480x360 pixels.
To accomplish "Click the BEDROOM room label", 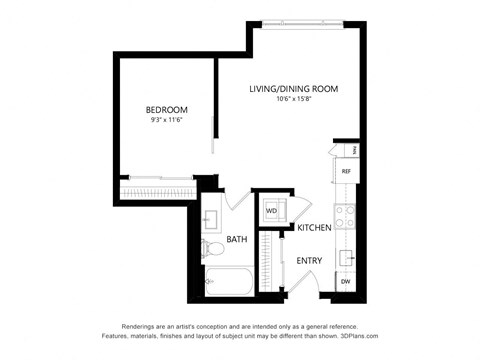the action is click(x=167, y=110).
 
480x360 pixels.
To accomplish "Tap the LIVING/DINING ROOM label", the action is click(x=294, y=89).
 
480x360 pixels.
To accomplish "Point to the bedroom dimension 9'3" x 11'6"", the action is click(x=167, y=120).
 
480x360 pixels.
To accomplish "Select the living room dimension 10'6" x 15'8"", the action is click(x=294, y=99).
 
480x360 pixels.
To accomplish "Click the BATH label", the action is click(x=237, y=239).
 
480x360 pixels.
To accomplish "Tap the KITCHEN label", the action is click(x=314, y=228).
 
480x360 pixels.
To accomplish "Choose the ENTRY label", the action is click(x=309, y=260).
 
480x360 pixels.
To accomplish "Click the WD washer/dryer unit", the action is click(x=275, y=210).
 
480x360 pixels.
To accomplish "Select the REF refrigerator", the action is click(x=346, y=171).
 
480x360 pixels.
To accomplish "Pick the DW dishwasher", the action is click(x=346, y=282).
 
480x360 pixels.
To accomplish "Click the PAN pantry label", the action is click(x=355, y=150).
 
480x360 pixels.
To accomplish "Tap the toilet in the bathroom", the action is click(x=213, y=248).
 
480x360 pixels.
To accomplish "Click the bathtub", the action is click(x=229, y=281).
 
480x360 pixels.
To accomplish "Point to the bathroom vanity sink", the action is click(x=211, y=220).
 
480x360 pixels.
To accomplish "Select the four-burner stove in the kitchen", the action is click(x=345, y=216).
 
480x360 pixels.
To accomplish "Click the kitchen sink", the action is click(x=346, y=258).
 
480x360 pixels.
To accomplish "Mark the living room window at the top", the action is click(x=302, y=23).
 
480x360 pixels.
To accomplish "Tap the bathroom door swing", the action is click(x=237, y=199).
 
